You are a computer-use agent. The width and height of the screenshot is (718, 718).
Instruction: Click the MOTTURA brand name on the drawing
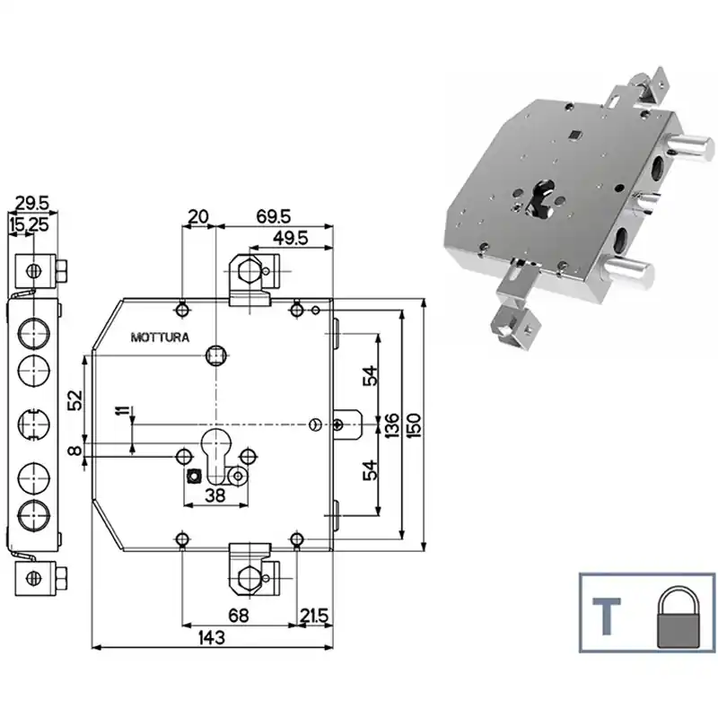(160, 337)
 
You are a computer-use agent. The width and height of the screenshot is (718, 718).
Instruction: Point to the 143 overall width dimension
(212, 637)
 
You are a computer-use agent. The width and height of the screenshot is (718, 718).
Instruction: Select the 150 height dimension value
(414, 425)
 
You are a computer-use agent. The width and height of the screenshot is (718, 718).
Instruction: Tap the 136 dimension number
(392, 425)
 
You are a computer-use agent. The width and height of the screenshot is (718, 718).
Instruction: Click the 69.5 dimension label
(274, 216)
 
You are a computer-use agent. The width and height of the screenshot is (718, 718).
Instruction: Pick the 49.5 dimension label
(290, 238)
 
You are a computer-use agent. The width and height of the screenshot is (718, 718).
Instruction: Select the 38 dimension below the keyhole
(215, 495)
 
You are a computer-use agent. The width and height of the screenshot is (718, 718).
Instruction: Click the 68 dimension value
(239, 616)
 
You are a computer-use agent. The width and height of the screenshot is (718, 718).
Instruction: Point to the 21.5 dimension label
(314, 616)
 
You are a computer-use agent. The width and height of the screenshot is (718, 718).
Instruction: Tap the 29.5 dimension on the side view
(32, 204)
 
